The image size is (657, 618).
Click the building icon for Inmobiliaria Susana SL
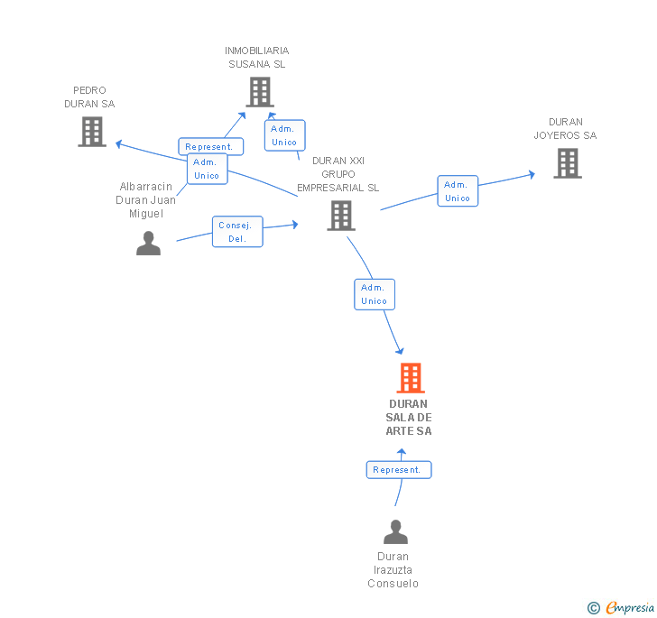(x=260, y=92)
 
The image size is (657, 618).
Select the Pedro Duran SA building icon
(x=92, y=132)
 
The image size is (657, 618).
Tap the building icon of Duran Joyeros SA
(x=567, y=163)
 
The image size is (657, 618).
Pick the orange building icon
(x=411, y=378)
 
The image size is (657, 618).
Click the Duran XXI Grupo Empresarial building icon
(x=340, y=216)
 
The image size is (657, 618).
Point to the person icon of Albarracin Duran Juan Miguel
(x=148, y=243)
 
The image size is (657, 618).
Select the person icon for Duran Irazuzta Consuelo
(x=395, y=532)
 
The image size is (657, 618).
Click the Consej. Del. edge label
(x=237, y=232)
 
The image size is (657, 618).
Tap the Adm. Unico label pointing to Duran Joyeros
(x=458, y=191)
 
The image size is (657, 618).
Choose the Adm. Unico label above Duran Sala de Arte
(x=374, y=294)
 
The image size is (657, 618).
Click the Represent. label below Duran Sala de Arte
(x=398, y=470)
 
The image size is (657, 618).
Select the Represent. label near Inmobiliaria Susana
(x=209, y=146)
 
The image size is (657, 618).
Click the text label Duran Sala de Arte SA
(x=409, y=418)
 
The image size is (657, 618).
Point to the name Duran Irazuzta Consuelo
(x=393, y=570)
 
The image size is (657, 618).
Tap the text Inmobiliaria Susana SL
(x=257, y=58)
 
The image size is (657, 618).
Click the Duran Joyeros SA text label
(x=565, y=129)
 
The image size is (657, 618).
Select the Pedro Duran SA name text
(x=89, y=97)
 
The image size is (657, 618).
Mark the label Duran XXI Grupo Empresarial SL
(x=338, y=174)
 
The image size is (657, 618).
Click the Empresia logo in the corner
(x=621, y=608)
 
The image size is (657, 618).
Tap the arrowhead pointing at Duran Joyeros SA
(x=532, y=173)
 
